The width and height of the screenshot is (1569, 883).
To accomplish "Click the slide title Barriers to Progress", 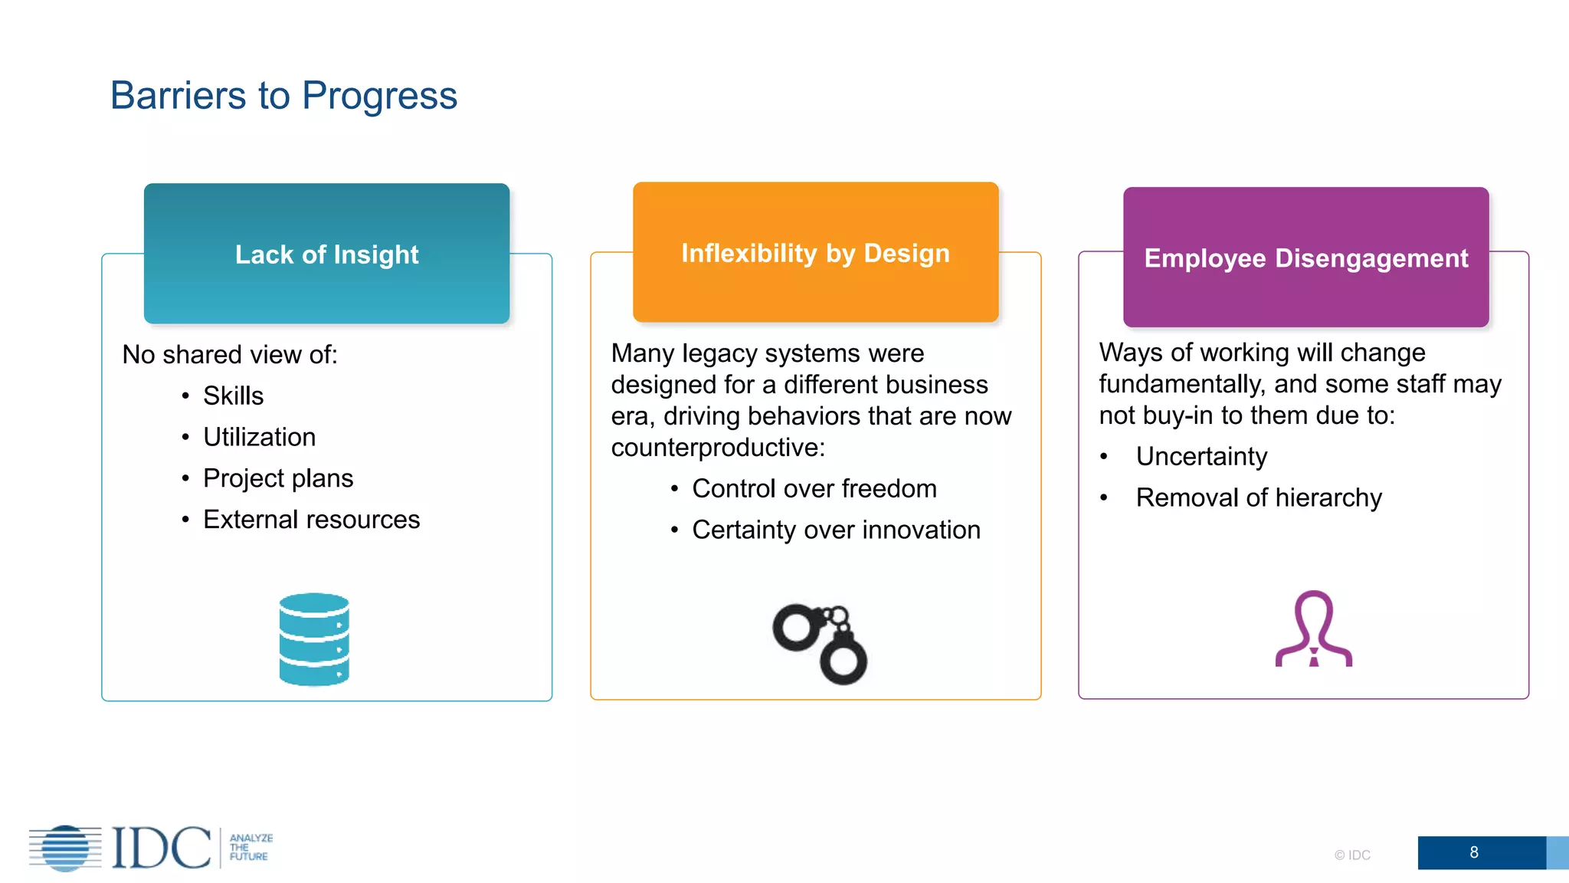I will [283, 96].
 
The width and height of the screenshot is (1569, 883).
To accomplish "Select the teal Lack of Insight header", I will [326, 254].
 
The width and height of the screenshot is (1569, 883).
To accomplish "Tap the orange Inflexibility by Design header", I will [815, 253].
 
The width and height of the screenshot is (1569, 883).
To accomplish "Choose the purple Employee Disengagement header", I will [1305, 258].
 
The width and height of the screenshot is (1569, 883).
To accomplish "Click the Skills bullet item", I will [233, 396].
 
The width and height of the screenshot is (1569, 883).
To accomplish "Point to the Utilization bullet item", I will [259, 437].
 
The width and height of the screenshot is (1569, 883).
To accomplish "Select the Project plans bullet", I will [277, 478].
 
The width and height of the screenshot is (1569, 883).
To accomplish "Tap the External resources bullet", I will [311, 520].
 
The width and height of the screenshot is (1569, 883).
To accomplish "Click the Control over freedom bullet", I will [814, 488].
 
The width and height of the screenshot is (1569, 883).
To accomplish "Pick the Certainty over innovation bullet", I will [835, 530].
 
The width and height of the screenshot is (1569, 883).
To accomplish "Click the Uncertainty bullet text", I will [1200, 456].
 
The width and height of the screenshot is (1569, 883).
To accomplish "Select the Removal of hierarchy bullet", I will [1258, 497].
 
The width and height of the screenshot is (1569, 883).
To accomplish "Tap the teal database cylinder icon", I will [314, 638].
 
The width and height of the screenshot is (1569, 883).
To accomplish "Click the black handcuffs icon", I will [820, 643].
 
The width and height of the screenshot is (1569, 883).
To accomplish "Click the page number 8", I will [1473, 852].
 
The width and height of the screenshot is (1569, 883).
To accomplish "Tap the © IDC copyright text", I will [1351, 855].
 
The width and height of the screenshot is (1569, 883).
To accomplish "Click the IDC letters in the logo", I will [161, 848].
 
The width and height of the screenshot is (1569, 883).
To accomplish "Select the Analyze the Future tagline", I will [251, 847].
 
